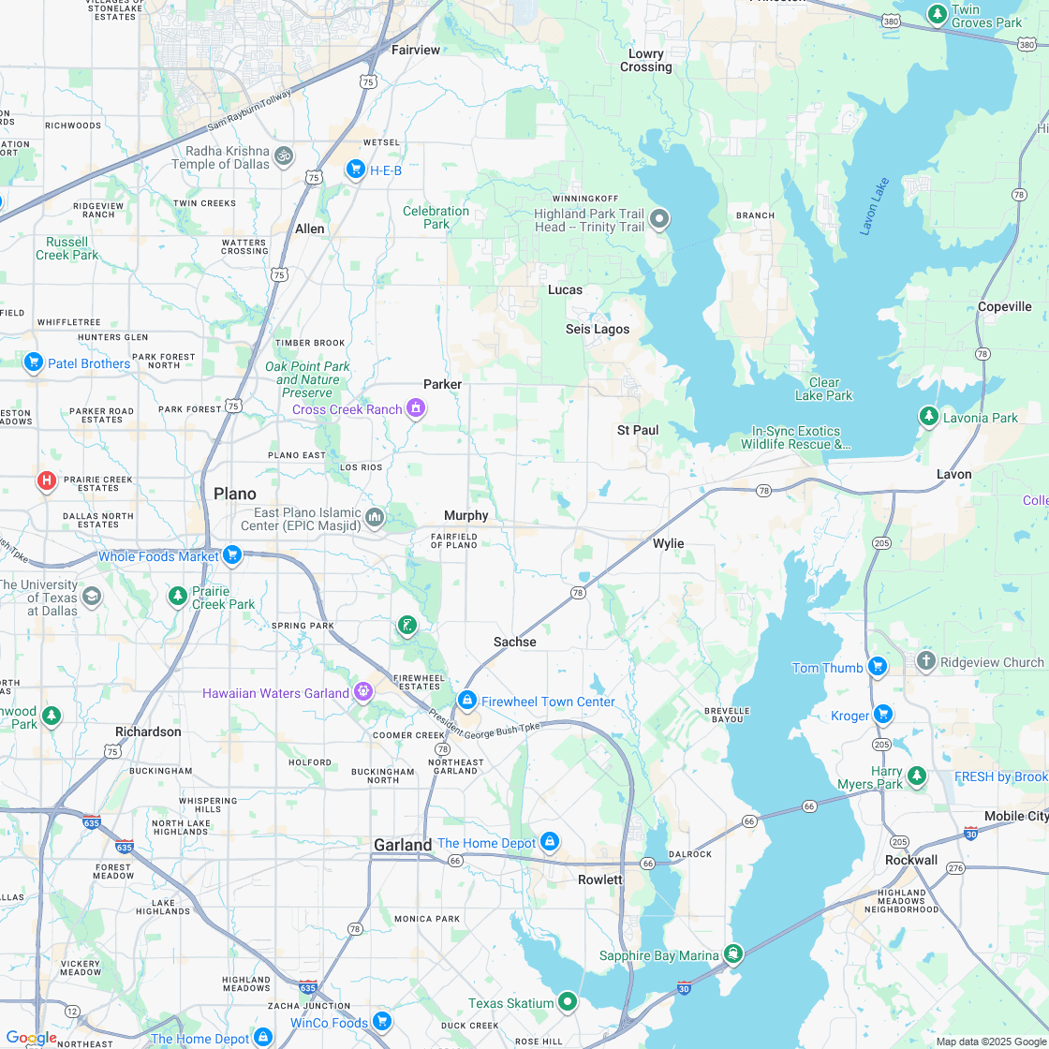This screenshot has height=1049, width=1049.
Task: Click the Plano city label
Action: click(x=234, y=494)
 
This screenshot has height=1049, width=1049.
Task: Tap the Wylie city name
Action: click(x=668, y=543)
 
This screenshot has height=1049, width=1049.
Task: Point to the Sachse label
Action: click(x=515, y=642)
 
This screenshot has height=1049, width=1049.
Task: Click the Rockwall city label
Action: click(x=911, y=860)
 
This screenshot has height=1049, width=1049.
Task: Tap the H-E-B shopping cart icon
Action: click(x=355, y=170)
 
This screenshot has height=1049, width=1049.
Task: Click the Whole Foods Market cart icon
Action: click(x=233, y=556)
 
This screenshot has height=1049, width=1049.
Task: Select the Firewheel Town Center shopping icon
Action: click(x=467, y=701)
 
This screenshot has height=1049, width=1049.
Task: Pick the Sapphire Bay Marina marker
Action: click(x=733, y=954)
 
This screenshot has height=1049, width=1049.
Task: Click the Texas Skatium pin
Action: click(x=567, y=1002)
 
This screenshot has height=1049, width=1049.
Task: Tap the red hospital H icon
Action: click(x=46, y=481)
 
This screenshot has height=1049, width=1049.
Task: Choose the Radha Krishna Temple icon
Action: click(x=284, y=155)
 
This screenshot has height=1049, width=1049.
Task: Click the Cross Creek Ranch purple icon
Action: click(x=416, y=408)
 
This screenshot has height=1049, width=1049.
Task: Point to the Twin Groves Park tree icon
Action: click(x=937, y=15)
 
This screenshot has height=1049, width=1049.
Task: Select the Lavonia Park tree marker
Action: click(x=928, y=417)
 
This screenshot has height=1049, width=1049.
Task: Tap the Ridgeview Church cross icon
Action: click(x=925, y=661)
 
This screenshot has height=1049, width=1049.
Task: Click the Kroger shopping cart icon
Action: click(x=882, y=715)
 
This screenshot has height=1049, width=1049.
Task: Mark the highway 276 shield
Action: click(x=955, y=868)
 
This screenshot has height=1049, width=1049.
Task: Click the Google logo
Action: click(x=31, y=1038)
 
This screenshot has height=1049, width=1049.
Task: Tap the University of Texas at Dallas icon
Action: click(x=92, y=597)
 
